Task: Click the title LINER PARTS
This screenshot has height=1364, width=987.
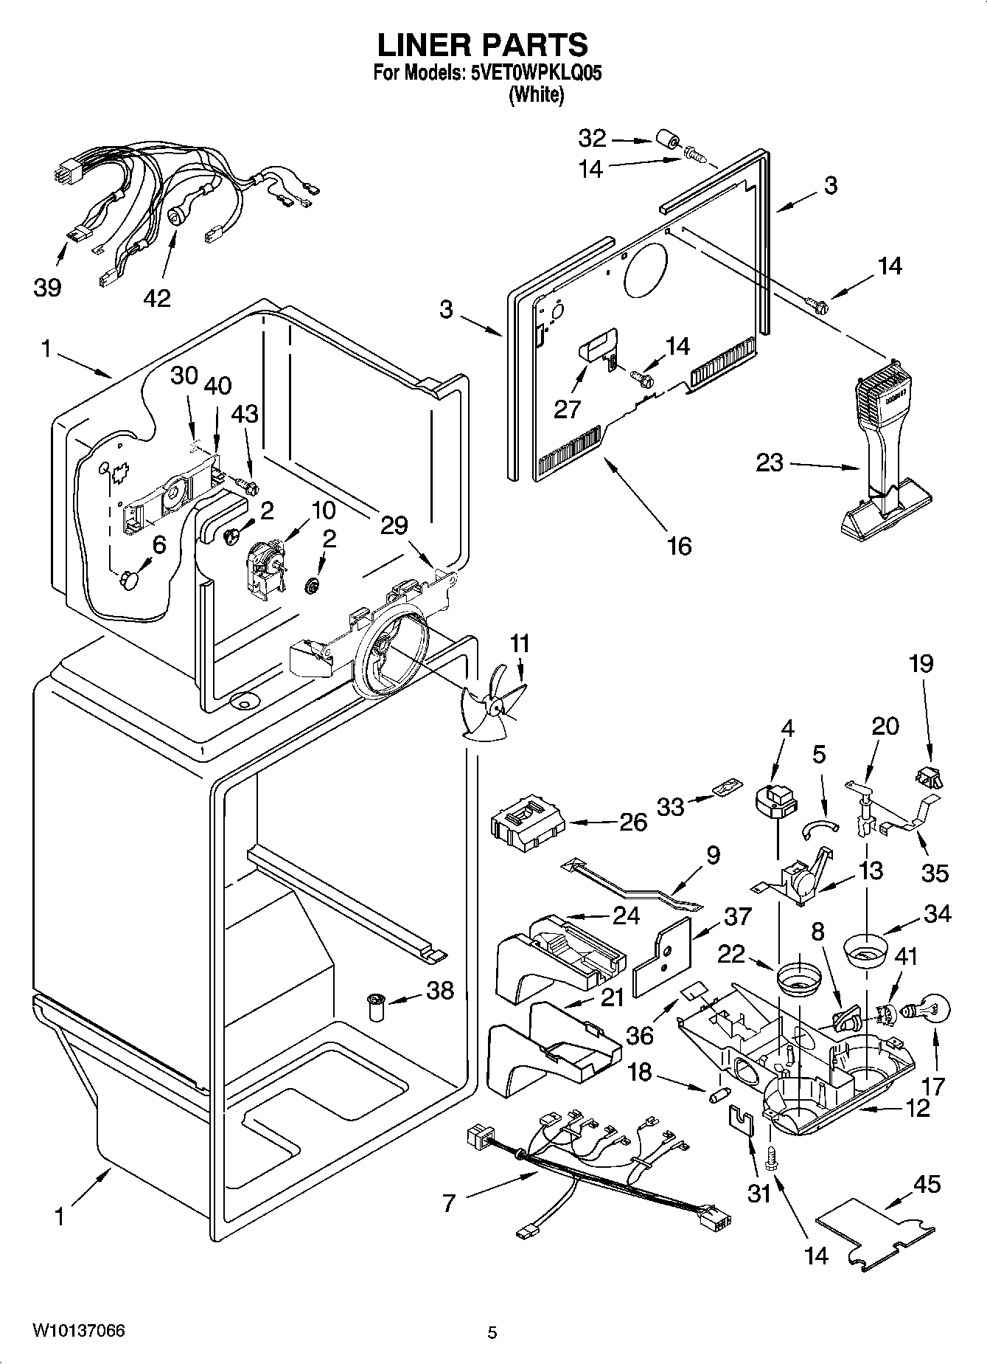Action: (x=483, y=46)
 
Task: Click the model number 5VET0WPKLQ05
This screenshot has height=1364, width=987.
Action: (x=530, y=74)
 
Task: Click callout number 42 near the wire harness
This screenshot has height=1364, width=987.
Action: (x=157, y=297)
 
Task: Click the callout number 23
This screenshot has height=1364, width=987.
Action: (x=770, y=464)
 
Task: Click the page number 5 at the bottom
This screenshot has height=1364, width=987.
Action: (x=492, y=1332)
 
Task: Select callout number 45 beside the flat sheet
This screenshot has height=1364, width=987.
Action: (x=927, y=1184)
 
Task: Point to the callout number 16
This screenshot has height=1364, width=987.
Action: (x=679, y=546)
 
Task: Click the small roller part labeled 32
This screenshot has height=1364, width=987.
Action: (x=667, y=141)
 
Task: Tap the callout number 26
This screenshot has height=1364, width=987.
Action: (x=633, y=821)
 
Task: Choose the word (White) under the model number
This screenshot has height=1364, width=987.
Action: (x=536, y=95)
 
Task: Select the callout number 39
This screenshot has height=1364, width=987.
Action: (x=47, y=287)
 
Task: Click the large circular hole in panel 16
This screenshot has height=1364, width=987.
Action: (x=646, y=266)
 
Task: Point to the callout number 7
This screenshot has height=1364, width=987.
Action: (x=448, y=1203)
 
